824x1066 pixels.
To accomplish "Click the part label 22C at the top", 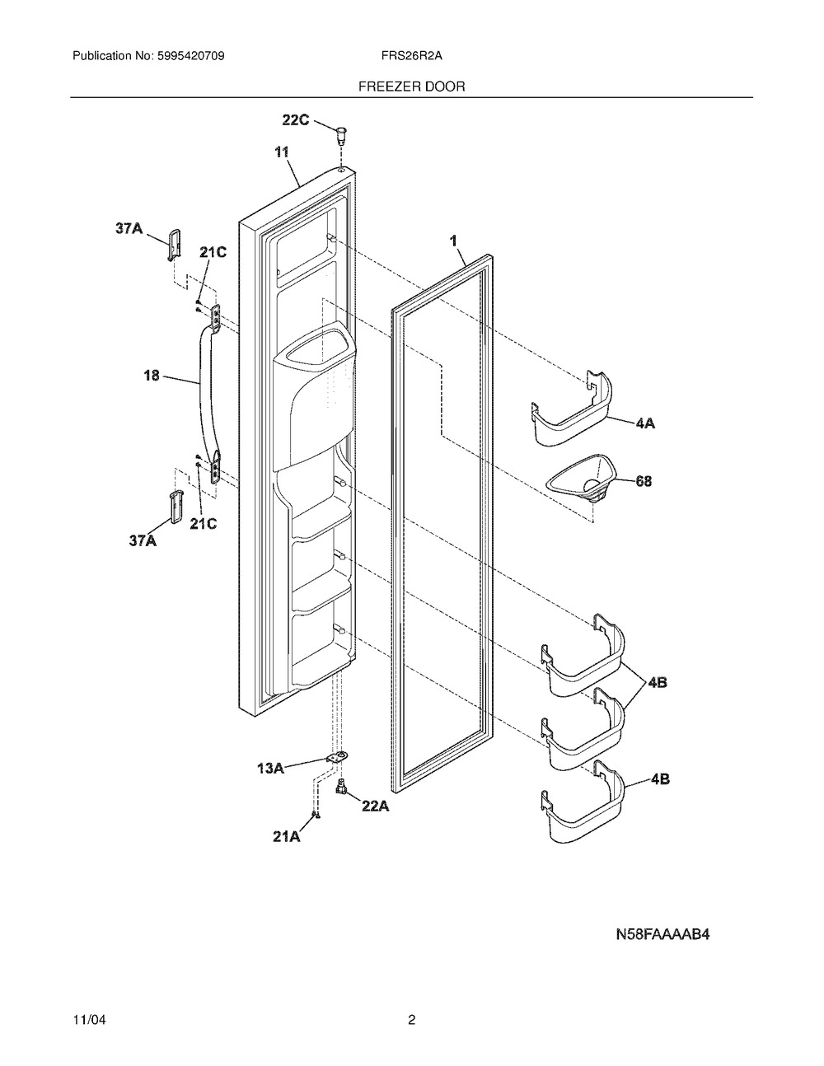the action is pos(295,119).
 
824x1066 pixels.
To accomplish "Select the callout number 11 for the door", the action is pos(281,152).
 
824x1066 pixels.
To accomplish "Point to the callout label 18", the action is pos(152,376).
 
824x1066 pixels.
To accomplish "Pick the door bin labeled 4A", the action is pos(572,410).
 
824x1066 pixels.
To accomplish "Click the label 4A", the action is pos(645,423).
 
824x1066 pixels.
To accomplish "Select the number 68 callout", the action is pos(644,481).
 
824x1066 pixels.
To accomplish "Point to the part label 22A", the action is pos(375,806).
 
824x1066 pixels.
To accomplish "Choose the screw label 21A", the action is pos(287,837).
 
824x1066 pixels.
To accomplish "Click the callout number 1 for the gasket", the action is pos(454,241).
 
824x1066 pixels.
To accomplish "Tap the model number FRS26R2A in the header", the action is pos(411,56).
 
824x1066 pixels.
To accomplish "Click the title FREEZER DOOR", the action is pos(411,86).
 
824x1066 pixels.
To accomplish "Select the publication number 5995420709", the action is pos(191,56).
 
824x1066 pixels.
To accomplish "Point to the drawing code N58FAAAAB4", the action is pos(662,934).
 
